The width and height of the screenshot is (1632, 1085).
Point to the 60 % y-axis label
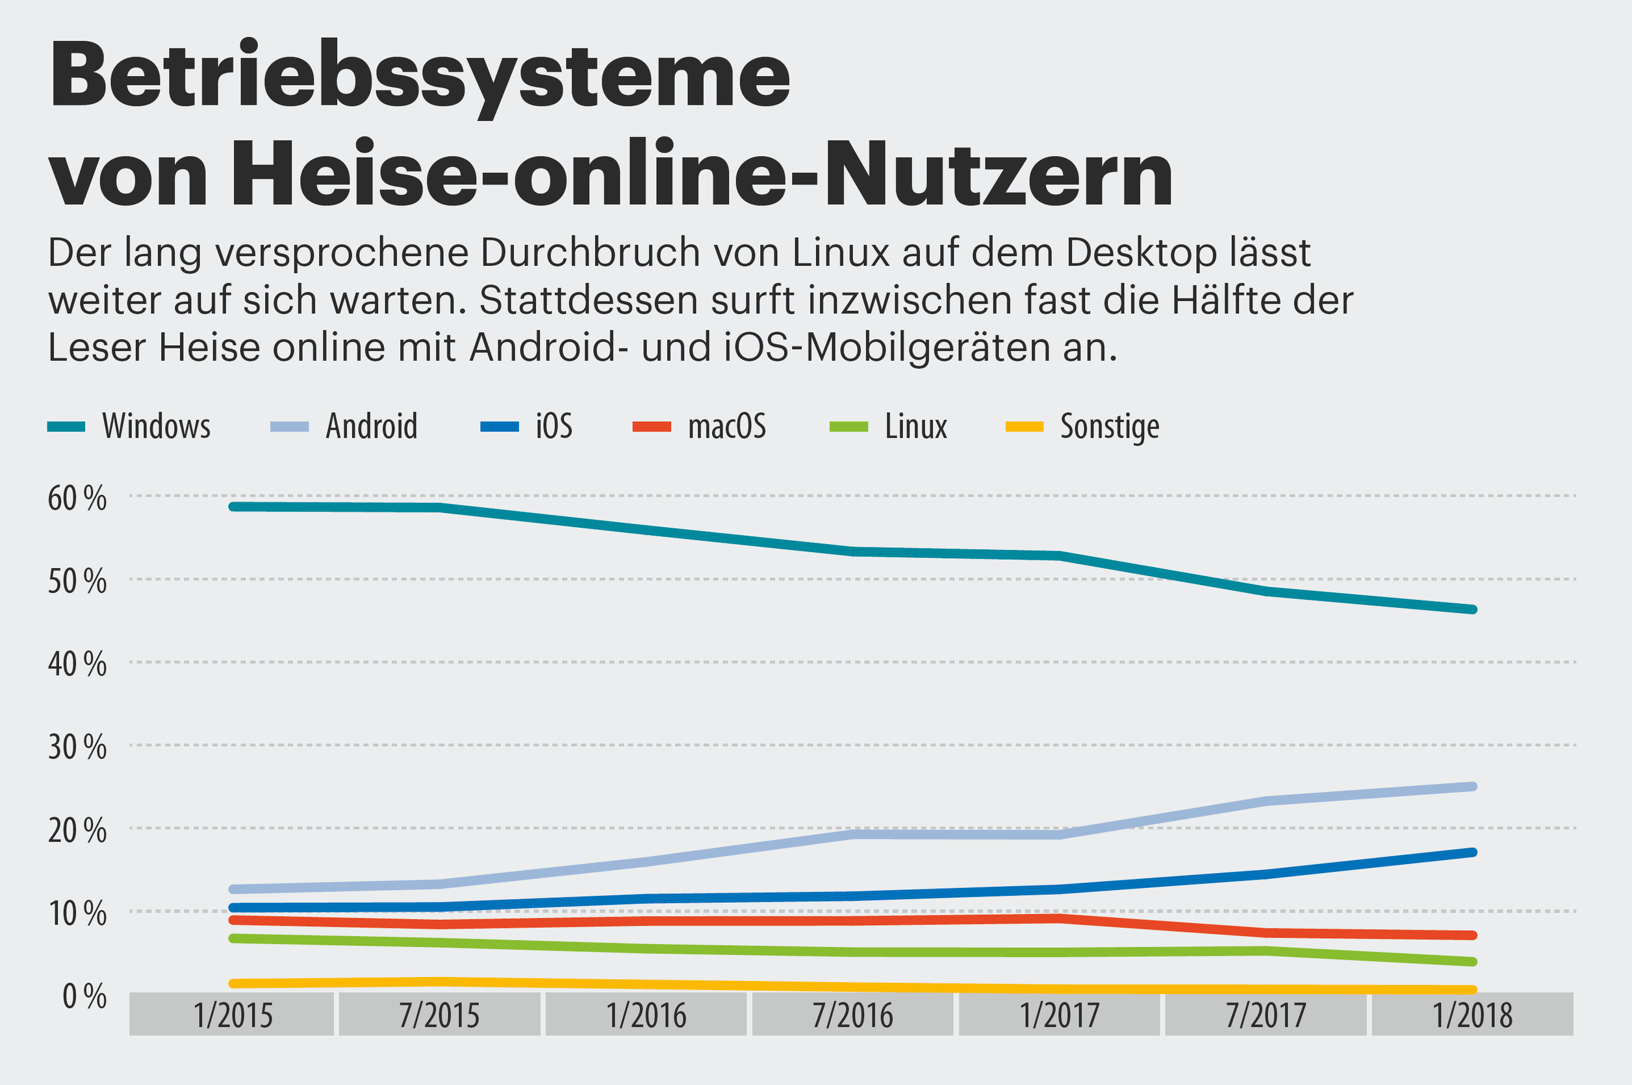coord(77,498)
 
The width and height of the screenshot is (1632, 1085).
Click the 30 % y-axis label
coord(77,748)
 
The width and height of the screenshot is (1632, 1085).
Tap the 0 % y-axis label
coord(84,997)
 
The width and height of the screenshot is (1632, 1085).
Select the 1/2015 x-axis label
coord(233,1015)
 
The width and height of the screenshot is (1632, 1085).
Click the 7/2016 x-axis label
coord(852,1015)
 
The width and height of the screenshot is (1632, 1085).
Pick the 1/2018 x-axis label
coord(1472,1015)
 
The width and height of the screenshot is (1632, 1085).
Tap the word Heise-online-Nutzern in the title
coord(702,173)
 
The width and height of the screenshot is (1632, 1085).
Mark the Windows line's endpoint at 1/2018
coord(1472,610)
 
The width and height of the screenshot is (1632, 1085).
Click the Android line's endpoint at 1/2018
coord(1472,787)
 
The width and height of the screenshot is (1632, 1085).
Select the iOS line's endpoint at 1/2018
coord(1472,852)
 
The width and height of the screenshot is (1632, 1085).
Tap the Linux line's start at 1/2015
coord(234,938)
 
